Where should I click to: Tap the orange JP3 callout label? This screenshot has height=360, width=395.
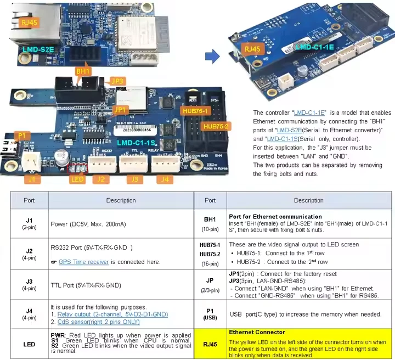(x=117, y=81)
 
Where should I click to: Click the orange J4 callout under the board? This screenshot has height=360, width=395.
(x=163, y=178)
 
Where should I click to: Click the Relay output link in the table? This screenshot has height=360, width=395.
(x=112, y=314)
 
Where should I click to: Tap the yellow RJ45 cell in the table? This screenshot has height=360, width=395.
(x=210, y=344)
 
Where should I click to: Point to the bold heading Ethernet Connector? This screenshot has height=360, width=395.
(x=257, y=332)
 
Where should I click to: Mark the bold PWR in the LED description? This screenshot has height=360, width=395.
(x=58, y=334)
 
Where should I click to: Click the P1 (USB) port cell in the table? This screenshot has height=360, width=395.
(x=210, y=314)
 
